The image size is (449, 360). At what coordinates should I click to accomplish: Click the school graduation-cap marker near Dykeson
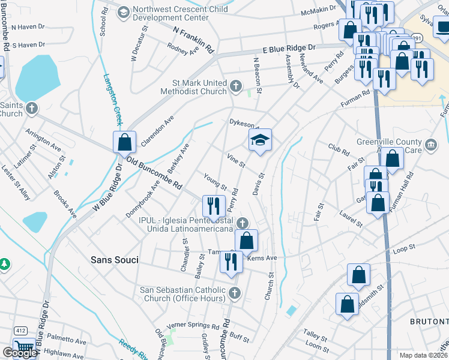click(x=260, y=141)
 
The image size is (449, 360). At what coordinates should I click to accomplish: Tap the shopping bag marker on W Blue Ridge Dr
click(x=124, y=143)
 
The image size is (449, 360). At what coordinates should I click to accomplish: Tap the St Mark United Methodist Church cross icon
click(x=236, y=86)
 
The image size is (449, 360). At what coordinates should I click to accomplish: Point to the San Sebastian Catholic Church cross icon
click(x=235, y=293)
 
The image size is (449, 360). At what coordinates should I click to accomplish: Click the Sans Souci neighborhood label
click(x=114, y=260)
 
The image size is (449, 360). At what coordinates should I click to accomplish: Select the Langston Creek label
click(x=113, y=100)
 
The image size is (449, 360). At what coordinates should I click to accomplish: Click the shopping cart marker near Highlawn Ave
click(x=23, y=347)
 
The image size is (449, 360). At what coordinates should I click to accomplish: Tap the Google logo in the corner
click(x=19, y=353)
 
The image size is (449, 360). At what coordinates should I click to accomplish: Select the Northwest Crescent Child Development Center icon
click(x=123, y=12)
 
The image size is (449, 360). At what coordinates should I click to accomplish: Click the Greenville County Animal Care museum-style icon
click(x=430, y=145)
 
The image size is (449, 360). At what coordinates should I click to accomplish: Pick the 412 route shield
click(x=20, y=331)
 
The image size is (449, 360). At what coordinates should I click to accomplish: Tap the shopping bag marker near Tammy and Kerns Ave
click(x=246, y=241)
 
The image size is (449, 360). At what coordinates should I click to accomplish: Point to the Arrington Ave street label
click(x=43, y=139)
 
